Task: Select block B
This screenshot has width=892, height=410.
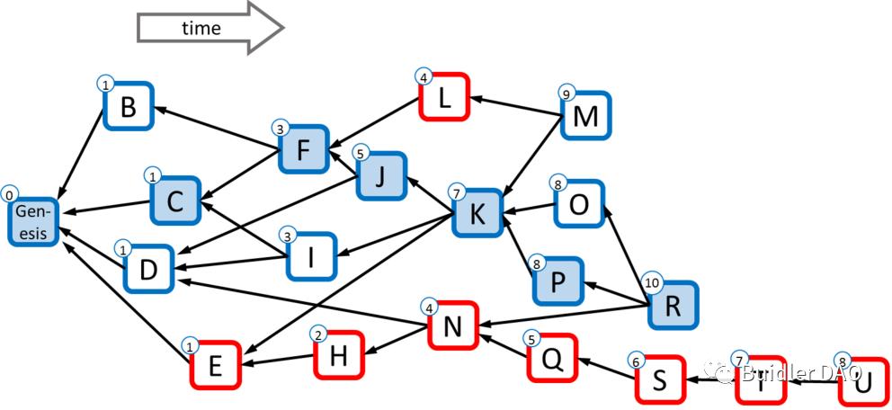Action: [x=129, y=107]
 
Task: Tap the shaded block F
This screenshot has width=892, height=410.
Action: [x=304, y=147]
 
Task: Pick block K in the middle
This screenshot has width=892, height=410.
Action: [x=477, y=212]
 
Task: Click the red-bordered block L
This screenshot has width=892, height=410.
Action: [x=444, y=97]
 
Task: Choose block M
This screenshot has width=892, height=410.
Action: [x=586, y=115]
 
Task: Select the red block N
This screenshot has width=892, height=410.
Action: [x=453, y=325]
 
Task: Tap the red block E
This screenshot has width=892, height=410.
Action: [x=215, y=364]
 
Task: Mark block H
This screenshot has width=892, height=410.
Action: [x=338, y=355]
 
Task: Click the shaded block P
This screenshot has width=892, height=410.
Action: [x=557, y=281]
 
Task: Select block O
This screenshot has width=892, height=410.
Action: [x=580, y=204]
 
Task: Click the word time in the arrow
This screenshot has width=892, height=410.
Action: [x=201, y=28]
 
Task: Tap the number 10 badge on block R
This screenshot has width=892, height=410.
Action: [x=653, y=282]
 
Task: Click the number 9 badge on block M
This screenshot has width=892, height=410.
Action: [x=566, y=94]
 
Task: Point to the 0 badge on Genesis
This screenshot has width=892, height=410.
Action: [x=9, y=194]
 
